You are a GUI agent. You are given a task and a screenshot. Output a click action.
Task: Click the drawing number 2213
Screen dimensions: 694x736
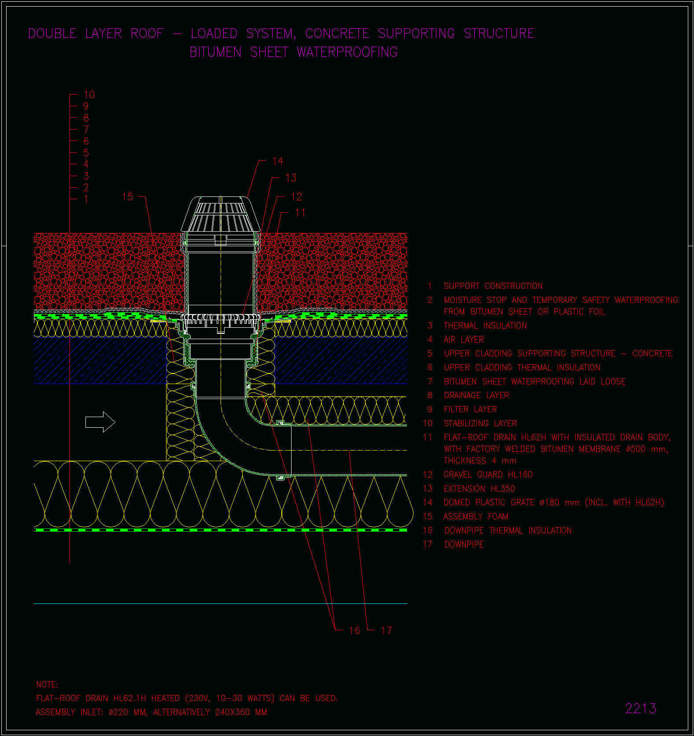(641, 708)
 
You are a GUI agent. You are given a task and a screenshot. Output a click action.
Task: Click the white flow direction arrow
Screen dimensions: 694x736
(100, 422)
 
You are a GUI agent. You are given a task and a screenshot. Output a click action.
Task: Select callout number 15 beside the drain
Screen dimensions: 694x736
(127, 197)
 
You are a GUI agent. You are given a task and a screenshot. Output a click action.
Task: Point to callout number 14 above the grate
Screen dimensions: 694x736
(278, 161)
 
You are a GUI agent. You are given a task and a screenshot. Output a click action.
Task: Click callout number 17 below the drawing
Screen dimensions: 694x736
(386, 631)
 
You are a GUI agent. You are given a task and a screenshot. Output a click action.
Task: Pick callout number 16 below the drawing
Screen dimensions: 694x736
(354, 631)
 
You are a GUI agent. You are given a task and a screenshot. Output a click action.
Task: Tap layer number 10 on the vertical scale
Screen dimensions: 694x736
(89, 95)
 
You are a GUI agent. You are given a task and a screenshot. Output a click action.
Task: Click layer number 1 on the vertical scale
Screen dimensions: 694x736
(86, 200)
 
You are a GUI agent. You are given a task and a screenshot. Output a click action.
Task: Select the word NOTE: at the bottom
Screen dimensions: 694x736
(47, 685)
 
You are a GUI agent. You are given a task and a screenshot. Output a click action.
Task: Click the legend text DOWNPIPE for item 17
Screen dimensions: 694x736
(464, 544)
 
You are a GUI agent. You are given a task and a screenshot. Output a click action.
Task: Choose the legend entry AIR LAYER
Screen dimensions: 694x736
(464, 340)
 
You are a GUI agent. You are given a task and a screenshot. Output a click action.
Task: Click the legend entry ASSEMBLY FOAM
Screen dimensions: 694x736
(476, 516)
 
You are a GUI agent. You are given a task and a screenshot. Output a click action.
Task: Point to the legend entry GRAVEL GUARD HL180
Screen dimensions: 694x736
(488, 474)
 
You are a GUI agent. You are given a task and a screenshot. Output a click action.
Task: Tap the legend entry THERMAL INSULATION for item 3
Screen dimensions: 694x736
(485, 325)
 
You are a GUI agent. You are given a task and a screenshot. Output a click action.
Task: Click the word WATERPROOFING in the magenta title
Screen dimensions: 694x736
(347, 52)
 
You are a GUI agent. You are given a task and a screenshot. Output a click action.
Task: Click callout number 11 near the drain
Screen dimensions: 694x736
(300, 213)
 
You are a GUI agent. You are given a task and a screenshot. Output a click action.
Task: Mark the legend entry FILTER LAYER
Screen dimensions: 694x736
(470, 409)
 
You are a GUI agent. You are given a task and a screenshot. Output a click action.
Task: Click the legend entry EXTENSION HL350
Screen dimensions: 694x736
(480, 488)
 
